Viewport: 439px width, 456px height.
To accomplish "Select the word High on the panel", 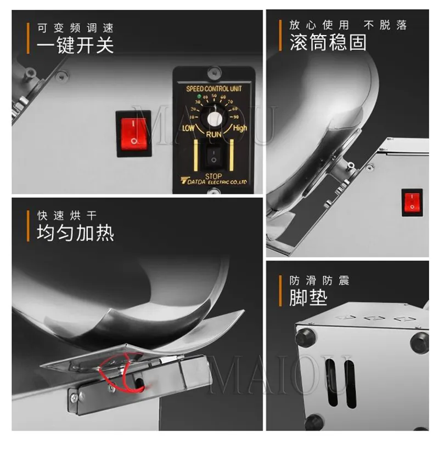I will [x=240, y=128].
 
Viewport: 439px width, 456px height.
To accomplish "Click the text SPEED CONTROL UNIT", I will [x=214, y=88].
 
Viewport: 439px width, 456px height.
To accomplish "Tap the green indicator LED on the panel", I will [x=199, y=97].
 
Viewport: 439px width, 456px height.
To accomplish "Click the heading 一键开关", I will [x=75, y=45].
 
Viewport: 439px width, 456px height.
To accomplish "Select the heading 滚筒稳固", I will [x=328, y=43].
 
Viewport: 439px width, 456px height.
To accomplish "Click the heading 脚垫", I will [x=308, y=298].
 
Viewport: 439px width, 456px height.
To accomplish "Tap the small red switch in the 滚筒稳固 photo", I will [x=412, y=203].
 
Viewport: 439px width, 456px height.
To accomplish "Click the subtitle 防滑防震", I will [x=319, y=281].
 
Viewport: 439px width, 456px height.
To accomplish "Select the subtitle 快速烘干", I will [x=66, y=215].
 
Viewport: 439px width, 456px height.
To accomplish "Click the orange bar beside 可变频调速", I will [x=27, y=37].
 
